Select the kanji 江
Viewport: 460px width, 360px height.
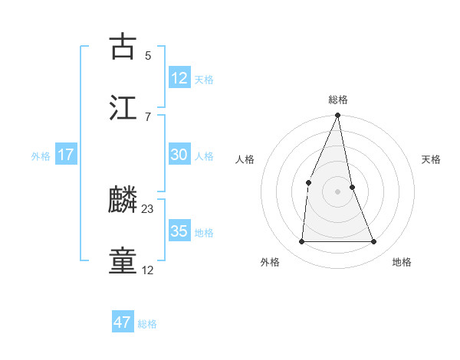pyautogui.click(x=123, y=107)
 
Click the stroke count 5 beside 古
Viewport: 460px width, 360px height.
pyautogui.click(x=147, y=55)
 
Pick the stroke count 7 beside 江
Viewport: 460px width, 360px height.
pyautogui.click(x=147, y=116)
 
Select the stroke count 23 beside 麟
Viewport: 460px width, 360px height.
pyautogui.click(x=148, y=208)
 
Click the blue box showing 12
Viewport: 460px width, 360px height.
pyautogui.click(x=179, y=78)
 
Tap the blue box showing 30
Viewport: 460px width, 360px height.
pyautogui.click(x=179, y=155)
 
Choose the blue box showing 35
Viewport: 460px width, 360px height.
pyautogui.click(x=179, y=231)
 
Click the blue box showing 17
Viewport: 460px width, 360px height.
pyautogui.click(x=66, y=155)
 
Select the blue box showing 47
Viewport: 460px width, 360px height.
pyautogui.click(x=122, y=322)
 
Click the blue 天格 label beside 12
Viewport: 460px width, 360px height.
pyautogui.click(x=204, y=80)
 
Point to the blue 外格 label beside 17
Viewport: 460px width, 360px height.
pyautogui.click(x=41, y=156)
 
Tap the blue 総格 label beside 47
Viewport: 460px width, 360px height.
pyautogui.click(x=147, y=324)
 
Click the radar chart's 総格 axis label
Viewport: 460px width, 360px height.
pyautogui.click(x=338, y=100)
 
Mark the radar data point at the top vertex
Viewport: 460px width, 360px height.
pyautogui.click(x=338, y=116)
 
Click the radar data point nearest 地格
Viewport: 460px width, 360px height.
pyautogui.click(x=374, y=241)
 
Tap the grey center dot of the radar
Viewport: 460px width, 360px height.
pyautogui.click(x=338, y=191)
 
